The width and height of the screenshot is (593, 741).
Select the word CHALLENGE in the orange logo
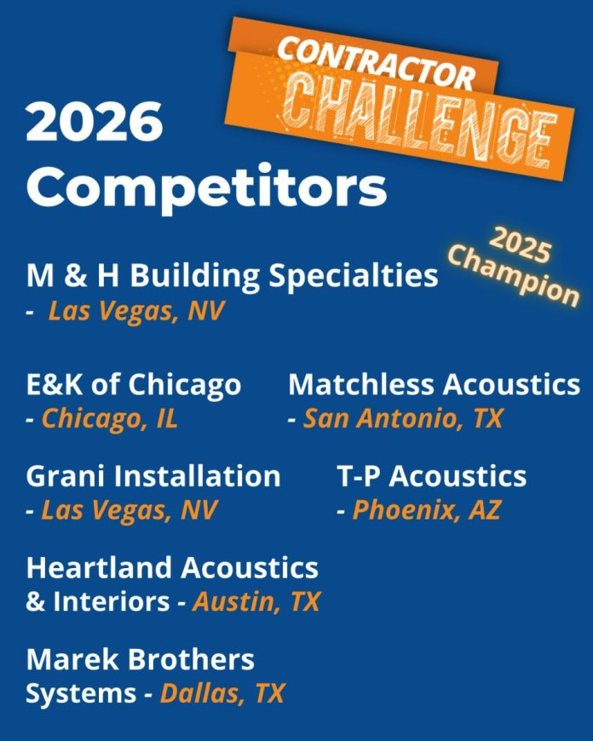point(418,119)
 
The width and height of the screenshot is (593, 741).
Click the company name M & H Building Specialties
point(232,277)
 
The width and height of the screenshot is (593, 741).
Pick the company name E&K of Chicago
point(134,385)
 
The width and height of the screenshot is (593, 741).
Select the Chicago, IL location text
point(110,419)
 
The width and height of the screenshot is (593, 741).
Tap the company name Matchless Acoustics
point(434,385)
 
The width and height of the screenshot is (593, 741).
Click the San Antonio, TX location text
point(403,419)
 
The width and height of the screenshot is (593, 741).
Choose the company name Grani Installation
point(153,476)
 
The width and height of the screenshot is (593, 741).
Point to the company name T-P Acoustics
point(432,476)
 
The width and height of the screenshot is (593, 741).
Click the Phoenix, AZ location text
point(427,510)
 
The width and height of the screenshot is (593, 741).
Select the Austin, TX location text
point(256,602)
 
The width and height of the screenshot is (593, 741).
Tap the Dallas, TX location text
point(222,693)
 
